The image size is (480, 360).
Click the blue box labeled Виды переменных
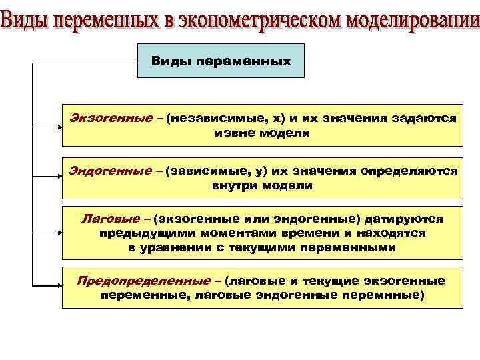point(221,61)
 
